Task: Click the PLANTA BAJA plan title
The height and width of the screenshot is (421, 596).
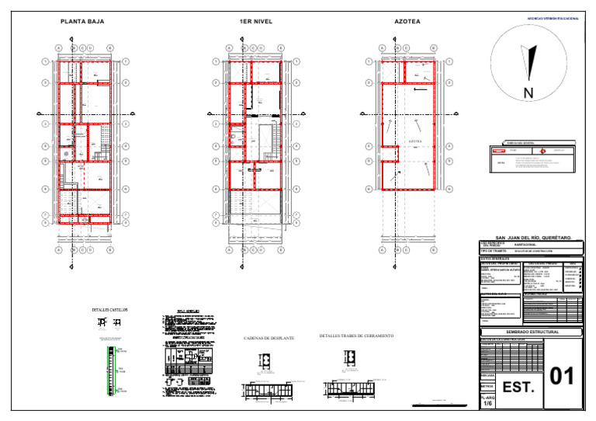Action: (x=81, y=22)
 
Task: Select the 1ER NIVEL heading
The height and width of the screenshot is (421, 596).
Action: (x=256, y=22)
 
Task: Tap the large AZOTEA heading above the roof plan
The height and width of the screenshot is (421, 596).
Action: (x=407, y=22)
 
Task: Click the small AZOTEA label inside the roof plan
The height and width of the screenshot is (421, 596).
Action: (x=415, y=141)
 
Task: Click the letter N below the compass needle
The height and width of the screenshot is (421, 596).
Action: (x=528, y=94)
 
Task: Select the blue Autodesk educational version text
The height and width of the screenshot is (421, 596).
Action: (x=553, y=17)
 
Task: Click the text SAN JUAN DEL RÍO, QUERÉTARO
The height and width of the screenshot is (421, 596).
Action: (x=533, y=237)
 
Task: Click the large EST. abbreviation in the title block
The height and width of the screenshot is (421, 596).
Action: (x=518, y=387)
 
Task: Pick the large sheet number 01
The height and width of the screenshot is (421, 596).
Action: (x=562, y=376)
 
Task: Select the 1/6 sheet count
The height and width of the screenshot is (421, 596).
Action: (x=487, y=404)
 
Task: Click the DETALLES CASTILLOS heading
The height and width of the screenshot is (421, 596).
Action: (x=109, y=310)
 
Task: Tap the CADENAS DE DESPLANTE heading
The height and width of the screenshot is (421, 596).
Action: (x=269, y=339)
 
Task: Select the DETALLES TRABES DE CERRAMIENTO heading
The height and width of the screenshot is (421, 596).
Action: (x=356, y=336)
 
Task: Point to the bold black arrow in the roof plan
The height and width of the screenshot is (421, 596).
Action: (x=419, y=89)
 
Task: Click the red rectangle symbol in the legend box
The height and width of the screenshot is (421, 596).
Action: (x=498, y=151)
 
